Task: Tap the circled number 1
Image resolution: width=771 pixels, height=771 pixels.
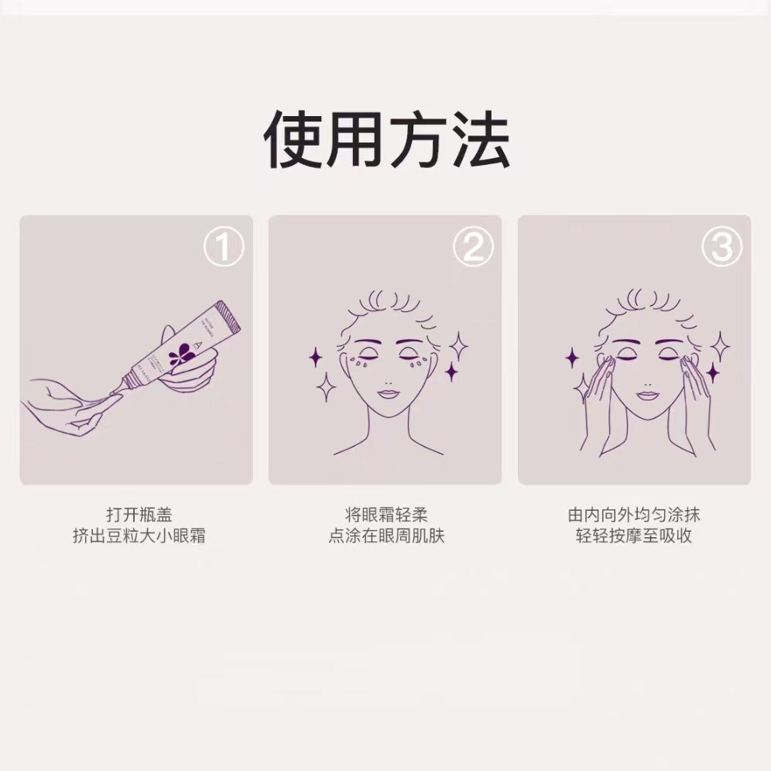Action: click(x=224, y=248)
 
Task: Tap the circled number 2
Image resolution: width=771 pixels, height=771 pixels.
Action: click(x=473, y=248)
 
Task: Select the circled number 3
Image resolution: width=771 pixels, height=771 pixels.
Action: click(x=721, y=248)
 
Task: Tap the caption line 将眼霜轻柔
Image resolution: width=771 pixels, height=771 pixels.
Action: click(x=385, y=514)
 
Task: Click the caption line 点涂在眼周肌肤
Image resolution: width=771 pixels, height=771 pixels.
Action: click(x=385, y=536)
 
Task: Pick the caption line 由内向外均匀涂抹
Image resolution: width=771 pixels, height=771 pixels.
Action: click(x=633, y=514)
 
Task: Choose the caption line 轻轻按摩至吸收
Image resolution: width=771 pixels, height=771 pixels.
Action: click(x=633, y=536)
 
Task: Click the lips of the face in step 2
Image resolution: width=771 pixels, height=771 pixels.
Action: click(x=385, y=395)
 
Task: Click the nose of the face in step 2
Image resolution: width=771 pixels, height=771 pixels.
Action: click(x=385, y=375)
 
